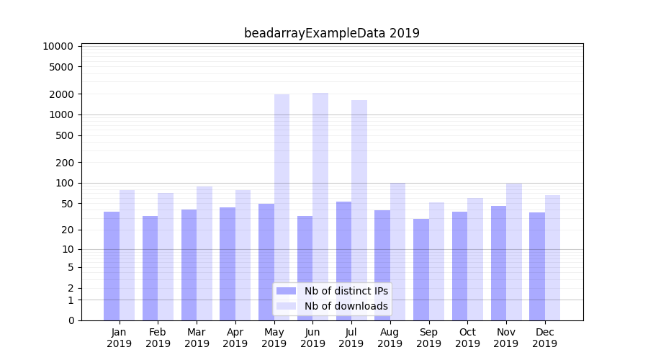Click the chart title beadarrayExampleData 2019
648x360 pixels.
click(x=331, y=33)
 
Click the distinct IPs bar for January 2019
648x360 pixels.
click(x=112, y=266)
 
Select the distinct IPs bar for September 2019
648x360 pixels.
click(x=421, y=269)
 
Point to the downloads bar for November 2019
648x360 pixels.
click(x=514, y=251)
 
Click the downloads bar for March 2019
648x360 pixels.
click(x=204, y=253)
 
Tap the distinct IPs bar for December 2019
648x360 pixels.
click(x=537, y=266)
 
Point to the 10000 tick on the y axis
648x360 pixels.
click(x=58, y=46)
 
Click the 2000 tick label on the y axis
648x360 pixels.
click(x=61, y=94)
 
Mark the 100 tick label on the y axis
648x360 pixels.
click(x=64, y=183)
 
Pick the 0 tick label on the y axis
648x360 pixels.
click(x=71, y=320)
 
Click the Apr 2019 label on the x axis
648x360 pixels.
click(x=235, y=338)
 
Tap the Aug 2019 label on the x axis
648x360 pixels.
click(x=390, y=338)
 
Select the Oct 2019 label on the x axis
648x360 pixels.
click(x=467, y=338)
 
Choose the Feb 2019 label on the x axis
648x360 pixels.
click(x=158, y=338)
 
